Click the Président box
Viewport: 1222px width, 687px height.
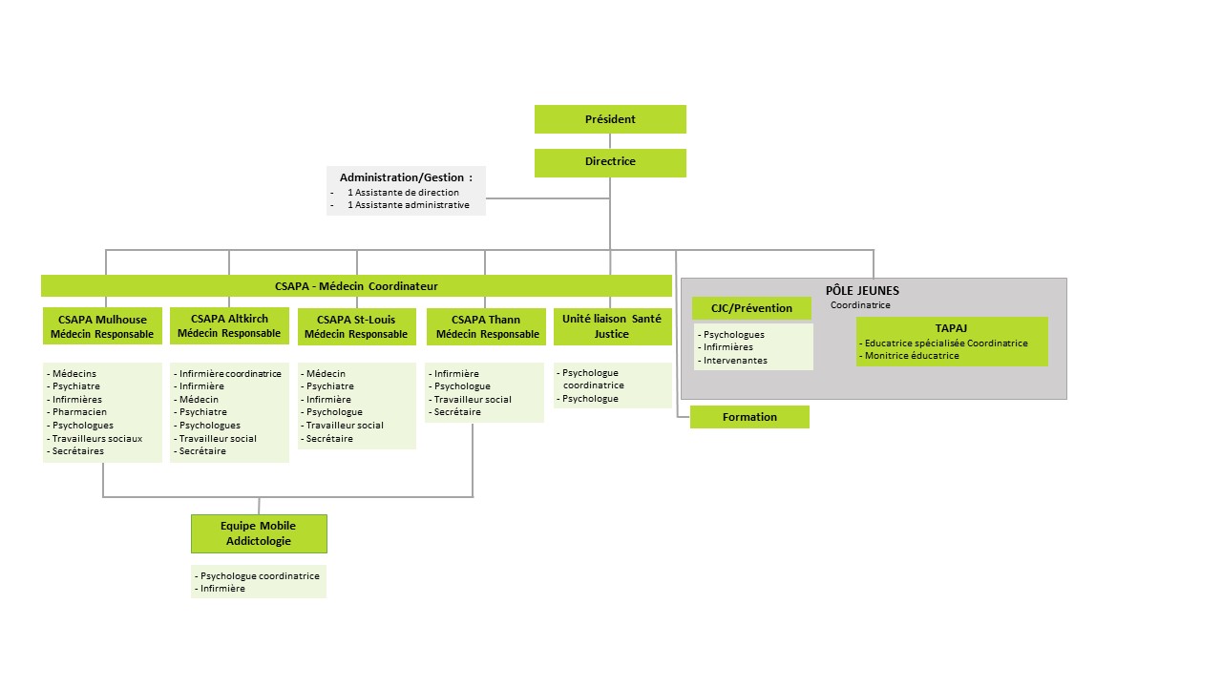point(610,119)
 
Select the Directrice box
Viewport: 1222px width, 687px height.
point(610,162)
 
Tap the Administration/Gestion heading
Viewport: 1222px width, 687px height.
point(406,177)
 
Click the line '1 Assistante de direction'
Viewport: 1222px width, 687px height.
point(403,192)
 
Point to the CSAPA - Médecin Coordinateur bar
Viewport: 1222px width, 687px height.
point(356,285)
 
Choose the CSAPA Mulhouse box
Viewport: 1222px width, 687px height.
point(102,326)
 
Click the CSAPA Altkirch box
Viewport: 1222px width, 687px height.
point(229,325)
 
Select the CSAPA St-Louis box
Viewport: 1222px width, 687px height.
point(357,326)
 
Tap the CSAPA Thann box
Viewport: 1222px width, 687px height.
point(486,326)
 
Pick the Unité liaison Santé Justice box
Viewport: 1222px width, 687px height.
point(612,326)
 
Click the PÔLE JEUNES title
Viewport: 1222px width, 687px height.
point(862,291)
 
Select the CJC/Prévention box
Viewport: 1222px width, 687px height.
point(751,308)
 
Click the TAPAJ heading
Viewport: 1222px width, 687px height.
point(951,328)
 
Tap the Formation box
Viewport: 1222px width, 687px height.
point(749,417)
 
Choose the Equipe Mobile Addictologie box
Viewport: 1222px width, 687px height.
point(259,533)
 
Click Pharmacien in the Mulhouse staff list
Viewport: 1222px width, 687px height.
point(79,412)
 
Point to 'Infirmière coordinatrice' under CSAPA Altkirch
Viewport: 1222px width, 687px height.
point(230,373)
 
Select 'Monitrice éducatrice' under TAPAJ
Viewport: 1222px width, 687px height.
point(912,356)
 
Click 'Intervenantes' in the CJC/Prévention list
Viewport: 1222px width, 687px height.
point(735,361)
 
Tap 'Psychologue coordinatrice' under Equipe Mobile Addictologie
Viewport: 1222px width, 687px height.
point(259,575)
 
